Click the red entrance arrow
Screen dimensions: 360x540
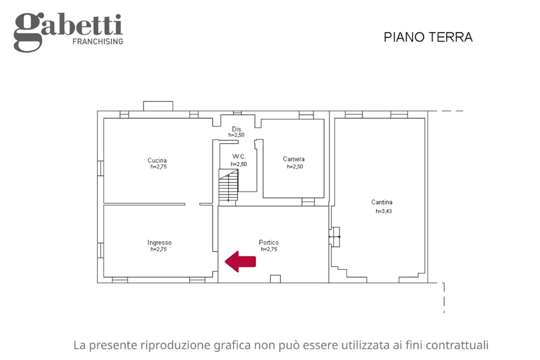(x=240, y=261)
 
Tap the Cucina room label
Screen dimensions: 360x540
(x=157, y=160)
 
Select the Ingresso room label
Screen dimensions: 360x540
(x=159, y=242)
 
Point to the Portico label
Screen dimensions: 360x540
(x=268, y=242)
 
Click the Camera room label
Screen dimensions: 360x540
(x=293, y=159)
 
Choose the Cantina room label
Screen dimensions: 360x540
(x=381, y=202)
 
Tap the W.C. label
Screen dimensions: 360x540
(x=238, y=157)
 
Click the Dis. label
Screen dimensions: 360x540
(x=237, y=129)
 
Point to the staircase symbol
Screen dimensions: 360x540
(x=228, y=185)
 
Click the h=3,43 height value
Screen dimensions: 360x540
(x=383, y=211)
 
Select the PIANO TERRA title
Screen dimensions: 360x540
(x=428, y=37)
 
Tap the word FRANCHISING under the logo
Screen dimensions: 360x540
(x=97, y=42)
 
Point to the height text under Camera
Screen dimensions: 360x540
(x=294, y=167)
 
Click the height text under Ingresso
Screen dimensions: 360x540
(x=158, y=249)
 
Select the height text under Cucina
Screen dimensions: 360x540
(x=158, y=167)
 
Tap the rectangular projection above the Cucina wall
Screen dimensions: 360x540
(x=158, y=106)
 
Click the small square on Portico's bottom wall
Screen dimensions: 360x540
(x=275, y=278)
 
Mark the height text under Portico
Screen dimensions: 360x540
(x=268, y=249)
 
